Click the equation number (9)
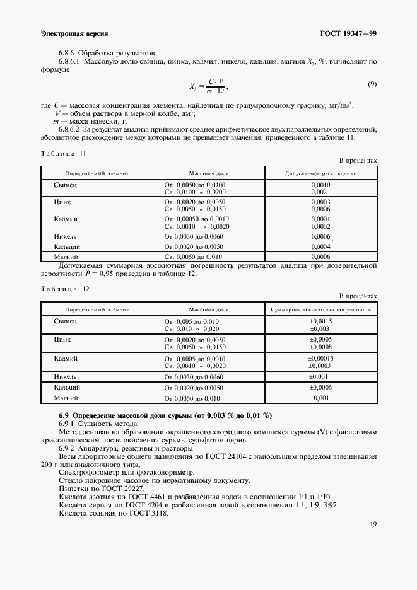click(x=372, y=84)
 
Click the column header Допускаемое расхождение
click(x=320, y=173)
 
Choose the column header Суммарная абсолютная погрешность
click(x=320, y=310)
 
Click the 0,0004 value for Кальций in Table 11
click(x=320, y=246)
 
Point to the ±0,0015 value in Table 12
click(x=320, y=321)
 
